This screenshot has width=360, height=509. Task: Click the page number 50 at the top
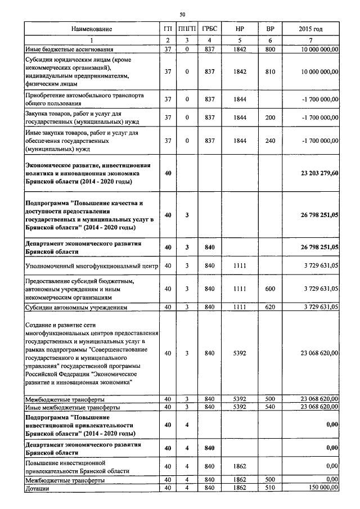(182, 13)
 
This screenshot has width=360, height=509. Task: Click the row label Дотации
(38, 489)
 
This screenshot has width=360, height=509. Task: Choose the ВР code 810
(269, 72)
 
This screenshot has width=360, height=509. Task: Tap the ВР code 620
(269, 307)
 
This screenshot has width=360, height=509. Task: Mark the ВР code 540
(269, 407)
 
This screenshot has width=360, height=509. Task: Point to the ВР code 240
(269, 141)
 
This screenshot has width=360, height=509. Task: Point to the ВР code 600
(269, 289)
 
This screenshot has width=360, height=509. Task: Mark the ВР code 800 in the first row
(269, 49)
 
